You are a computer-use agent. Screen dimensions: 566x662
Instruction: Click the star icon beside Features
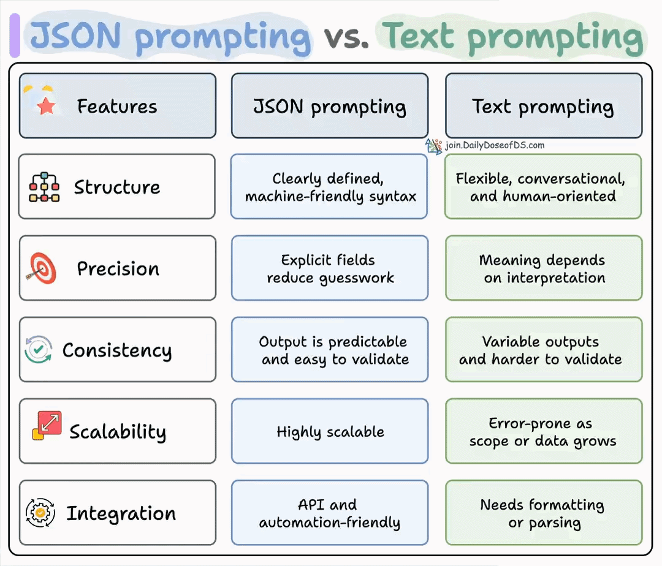(46, 107)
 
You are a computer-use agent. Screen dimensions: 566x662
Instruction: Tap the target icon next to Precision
(42, 268)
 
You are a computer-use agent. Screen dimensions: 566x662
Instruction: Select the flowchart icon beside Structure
(44, 187)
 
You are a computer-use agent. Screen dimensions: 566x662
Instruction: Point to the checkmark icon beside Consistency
(38, 350)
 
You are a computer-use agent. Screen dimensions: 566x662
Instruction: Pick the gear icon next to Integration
(40, 513)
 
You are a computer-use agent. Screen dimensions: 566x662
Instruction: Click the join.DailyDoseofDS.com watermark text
(494, 146)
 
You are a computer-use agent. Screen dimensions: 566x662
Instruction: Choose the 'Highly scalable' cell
(330, 431)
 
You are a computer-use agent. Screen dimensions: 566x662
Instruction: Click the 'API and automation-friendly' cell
(330, 513)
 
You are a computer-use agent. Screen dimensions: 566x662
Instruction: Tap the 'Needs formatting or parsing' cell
(543, 513)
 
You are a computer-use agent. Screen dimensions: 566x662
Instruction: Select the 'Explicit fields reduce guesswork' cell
(330, 268)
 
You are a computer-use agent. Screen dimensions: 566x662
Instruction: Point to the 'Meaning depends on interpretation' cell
(543, 268)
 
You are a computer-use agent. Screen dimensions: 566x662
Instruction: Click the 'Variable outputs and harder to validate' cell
(543, 350)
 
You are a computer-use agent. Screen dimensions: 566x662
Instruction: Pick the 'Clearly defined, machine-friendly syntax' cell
(330, 187)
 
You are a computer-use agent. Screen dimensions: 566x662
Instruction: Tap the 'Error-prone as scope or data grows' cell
(543, 431)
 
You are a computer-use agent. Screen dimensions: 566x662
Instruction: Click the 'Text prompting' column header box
(543, 106)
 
